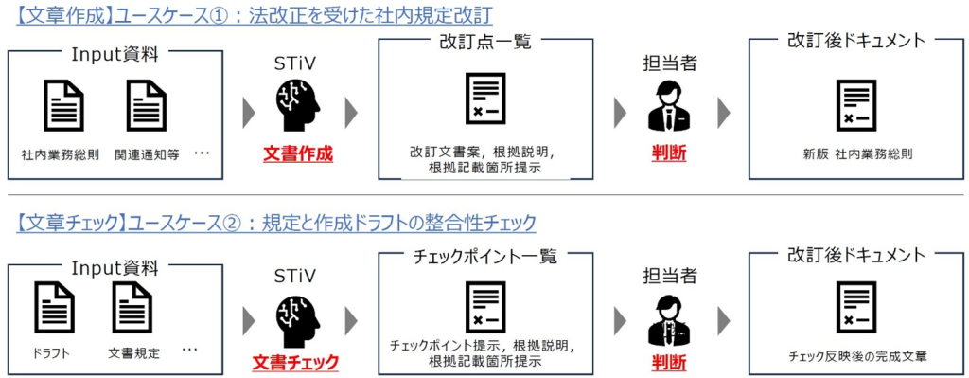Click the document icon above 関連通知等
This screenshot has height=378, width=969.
pos(146,104)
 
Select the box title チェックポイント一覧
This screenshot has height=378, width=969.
pos(484,256)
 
